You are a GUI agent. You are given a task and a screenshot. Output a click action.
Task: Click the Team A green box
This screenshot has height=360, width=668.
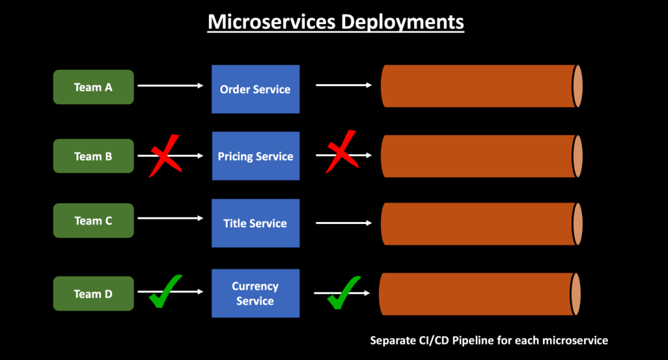(93, 87)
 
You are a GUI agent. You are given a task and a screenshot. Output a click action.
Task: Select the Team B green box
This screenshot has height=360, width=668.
(93, 156)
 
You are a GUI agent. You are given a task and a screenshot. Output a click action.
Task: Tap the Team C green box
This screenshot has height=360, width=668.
(93, 221)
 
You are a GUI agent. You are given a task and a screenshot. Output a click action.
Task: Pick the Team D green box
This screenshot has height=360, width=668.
(93, 294)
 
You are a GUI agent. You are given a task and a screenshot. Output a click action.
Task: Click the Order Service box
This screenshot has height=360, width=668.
(255, 89)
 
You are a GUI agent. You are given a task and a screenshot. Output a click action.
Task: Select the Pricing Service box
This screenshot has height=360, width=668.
(255, 156)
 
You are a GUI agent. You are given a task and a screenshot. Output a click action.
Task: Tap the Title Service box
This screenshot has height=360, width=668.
(255, 223)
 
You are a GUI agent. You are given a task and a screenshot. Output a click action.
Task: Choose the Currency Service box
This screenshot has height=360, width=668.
(255, 293)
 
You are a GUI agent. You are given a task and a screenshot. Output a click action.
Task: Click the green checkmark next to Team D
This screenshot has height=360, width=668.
(165, 293)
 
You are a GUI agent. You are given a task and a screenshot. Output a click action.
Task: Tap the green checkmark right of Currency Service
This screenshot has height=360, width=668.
(343, 293)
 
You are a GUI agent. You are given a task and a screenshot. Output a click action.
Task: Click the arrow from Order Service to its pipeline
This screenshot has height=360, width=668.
(344, 85)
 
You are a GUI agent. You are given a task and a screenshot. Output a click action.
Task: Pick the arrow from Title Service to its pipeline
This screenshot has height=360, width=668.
(344, 223)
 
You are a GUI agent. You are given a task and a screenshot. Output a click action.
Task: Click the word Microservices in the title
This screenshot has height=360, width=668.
(271, 21)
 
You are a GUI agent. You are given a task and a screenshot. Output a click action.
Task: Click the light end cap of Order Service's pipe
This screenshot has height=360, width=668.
(577, 86)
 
